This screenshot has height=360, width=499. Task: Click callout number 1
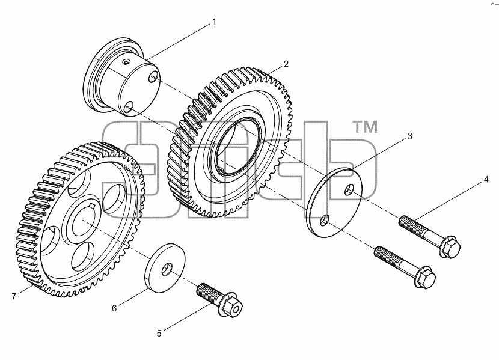tap(214, 22)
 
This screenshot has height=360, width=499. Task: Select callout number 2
tap(286, 64)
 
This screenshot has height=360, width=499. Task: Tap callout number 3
tap(410, 136)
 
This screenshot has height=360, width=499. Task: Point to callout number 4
tap(486, 179)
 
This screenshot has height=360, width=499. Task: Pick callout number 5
tap(159, 334)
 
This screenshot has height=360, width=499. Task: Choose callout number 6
tap(114, 308)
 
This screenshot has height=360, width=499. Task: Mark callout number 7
tap(14, 296)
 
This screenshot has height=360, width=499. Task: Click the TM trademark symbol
tap(366, 127)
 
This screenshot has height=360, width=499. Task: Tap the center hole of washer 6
tap(167, 269)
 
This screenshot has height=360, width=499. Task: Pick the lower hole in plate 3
tap(325, 220)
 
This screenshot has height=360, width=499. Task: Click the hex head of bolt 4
tap(450, 246)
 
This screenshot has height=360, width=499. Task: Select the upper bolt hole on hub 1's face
tap(154, 77)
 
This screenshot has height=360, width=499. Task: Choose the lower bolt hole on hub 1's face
tap(129, 107)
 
